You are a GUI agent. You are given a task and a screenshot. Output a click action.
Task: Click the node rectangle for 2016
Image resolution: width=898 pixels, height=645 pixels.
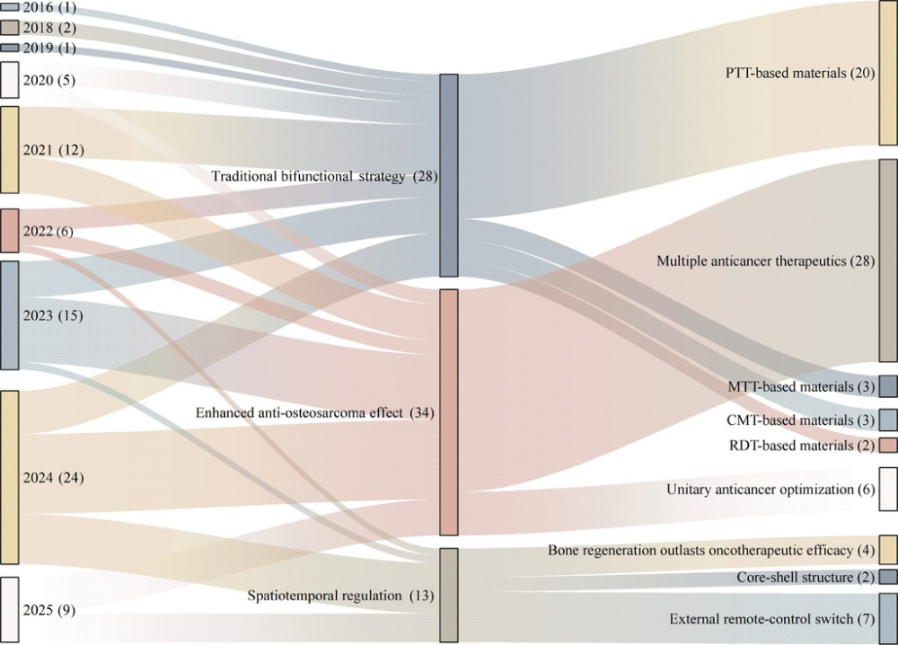pyautogui.click(x=10, y=6)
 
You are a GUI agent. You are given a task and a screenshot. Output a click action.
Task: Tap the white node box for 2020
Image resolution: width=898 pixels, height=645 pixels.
pyautogui.click(x=10, y=80)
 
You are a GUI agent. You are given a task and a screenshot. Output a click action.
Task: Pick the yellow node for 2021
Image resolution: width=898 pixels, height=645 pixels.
pyautogui.click(x=10, y=149)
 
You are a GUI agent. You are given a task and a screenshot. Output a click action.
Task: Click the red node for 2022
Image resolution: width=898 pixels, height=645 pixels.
pyautogui.click(x=10, y=231)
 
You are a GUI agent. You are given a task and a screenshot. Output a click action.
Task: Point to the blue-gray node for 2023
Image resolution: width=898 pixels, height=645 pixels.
pyautogui.click(x=10, y=315)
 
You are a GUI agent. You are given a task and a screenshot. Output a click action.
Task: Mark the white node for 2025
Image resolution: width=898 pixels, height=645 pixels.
pyautogui.click(x=10, y=610)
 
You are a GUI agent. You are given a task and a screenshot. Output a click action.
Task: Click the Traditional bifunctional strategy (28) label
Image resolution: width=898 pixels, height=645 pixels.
pyautogui.click(x=324, y=177)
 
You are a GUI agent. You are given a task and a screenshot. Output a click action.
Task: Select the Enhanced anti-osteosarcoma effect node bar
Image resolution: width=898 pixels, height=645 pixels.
pyautogui.click(x=449, y=412)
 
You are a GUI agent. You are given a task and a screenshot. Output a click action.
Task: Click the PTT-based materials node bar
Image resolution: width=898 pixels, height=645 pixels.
pyautogui.click(x=888, y=73)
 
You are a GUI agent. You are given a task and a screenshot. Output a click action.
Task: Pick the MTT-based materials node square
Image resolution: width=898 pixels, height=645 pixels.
pyautogui.click(x=888, y=386)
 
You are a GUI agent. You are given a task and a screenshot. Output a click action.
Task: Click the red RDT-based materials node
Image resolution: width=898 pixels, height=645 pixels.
pyautogui.click(x=888, y=446)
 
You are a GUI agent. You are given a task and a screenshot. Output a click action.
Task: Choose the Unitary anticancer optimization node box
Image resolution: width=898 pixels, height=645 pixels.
pyautogui.click(x=888, y=490)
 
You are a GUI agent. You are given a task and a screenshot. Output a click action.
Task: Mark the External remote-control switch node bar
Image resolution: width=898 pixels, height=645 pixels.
pyautogui.click(x=888, y=619)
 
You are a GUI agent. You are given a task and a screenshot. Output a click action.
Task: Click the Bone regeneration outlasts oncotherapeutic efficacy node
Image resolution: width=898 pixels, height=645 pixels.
pyautogui.click(x=888, y=549)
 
